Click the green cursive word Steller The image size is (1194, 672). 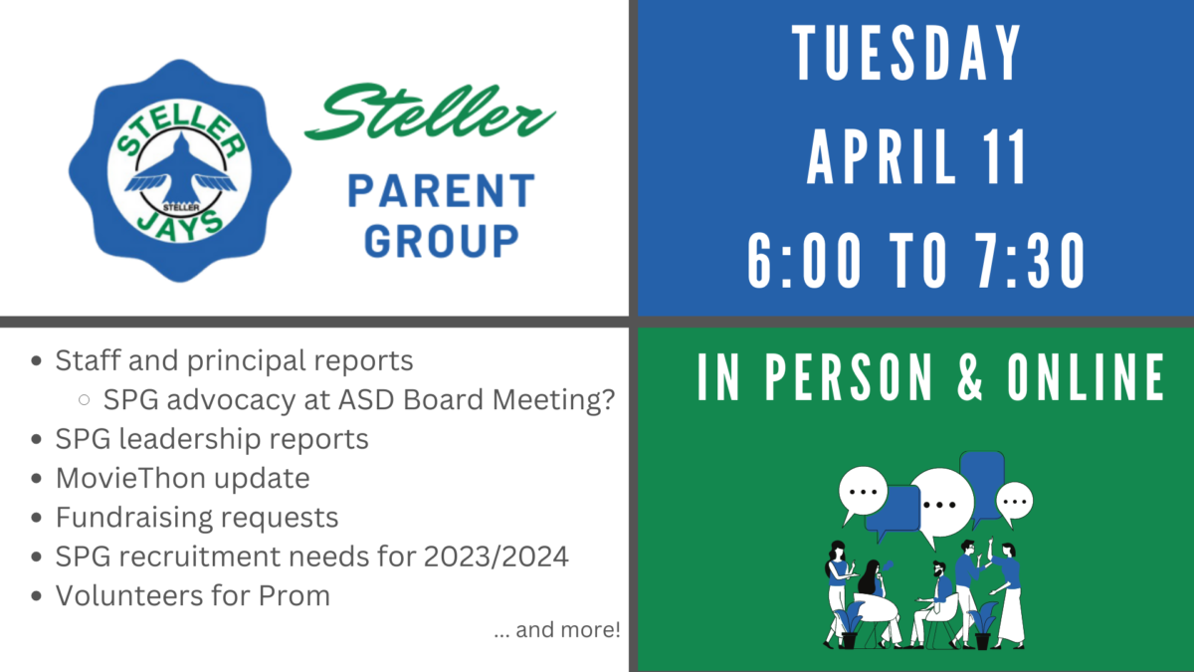[x=430, y=111]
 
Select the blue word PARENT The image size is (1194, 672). [x=442, y=190]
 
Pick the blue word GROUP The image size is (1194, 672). [x=442, y=241]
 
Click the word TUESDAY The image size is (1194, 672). [x=906, y=53]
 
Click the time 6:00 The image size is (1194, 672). [x=804, y=261]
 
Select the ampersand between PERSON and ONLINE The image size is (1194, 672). [x=970, y=376]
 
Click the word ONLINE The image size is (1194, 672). [x=1086, y=376]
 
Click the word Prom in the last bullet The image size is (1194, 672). [x=295, y=595]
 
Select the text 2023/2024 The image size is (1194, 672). [x=496, y=557]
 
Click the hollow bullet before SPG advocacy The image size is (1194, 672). [x=84, y=399]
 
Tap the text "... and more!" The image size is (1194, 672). [x=557, y=630]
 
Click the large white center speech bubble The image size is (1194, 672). [x=941, y=504]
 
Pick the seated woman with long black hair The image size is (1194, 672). [x=875, y=597]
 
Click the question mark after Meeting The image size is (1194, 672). [x=607, y=399]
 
